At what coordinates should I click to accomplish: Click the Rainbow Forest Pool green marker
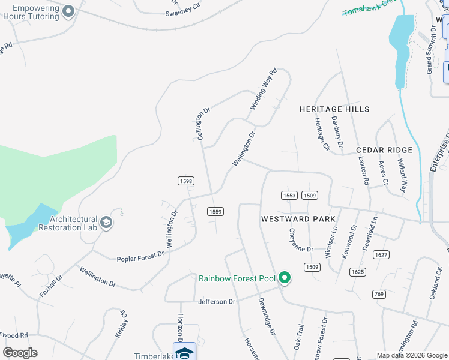(x=285, y=277)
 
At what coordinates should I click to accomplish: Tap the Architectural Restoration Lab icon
(x=106, y=223)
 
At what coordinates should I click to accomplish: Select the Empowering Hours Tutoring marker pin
(x=68, y=11)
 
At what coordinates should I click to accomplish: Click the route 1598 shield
(x=185, y=181)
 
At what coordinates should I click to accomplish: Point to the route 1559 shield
(x=215, y=211)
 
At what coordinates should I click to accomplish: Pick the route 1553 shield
(x=289, y=196)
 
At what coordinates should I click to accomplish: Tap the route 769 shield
(x=379, y=293)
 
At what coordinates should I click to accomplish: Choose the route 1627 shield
(x=381, y=255)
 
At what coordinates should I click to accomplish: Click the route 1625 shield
(x=358, y=272)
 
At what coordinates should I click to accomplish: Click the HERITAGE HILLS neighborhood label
(x=335, y=109)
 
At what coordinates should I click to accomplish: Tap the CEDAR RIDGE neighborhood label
(x=384, y=150)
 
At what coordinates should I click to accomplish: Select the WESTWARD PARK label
(x=298, y=219)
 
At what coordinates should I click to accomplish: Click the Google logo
(x=20, y=353)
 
